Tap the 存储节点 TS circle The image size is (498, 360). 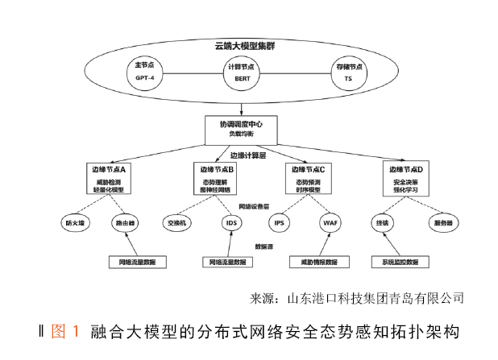coord(347,73)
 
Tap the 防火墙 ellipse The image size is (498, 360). coord(74,221)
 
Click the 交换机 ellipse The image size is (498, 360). coord(177,221)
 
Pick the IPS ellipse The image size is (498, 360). coord(280,221)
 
